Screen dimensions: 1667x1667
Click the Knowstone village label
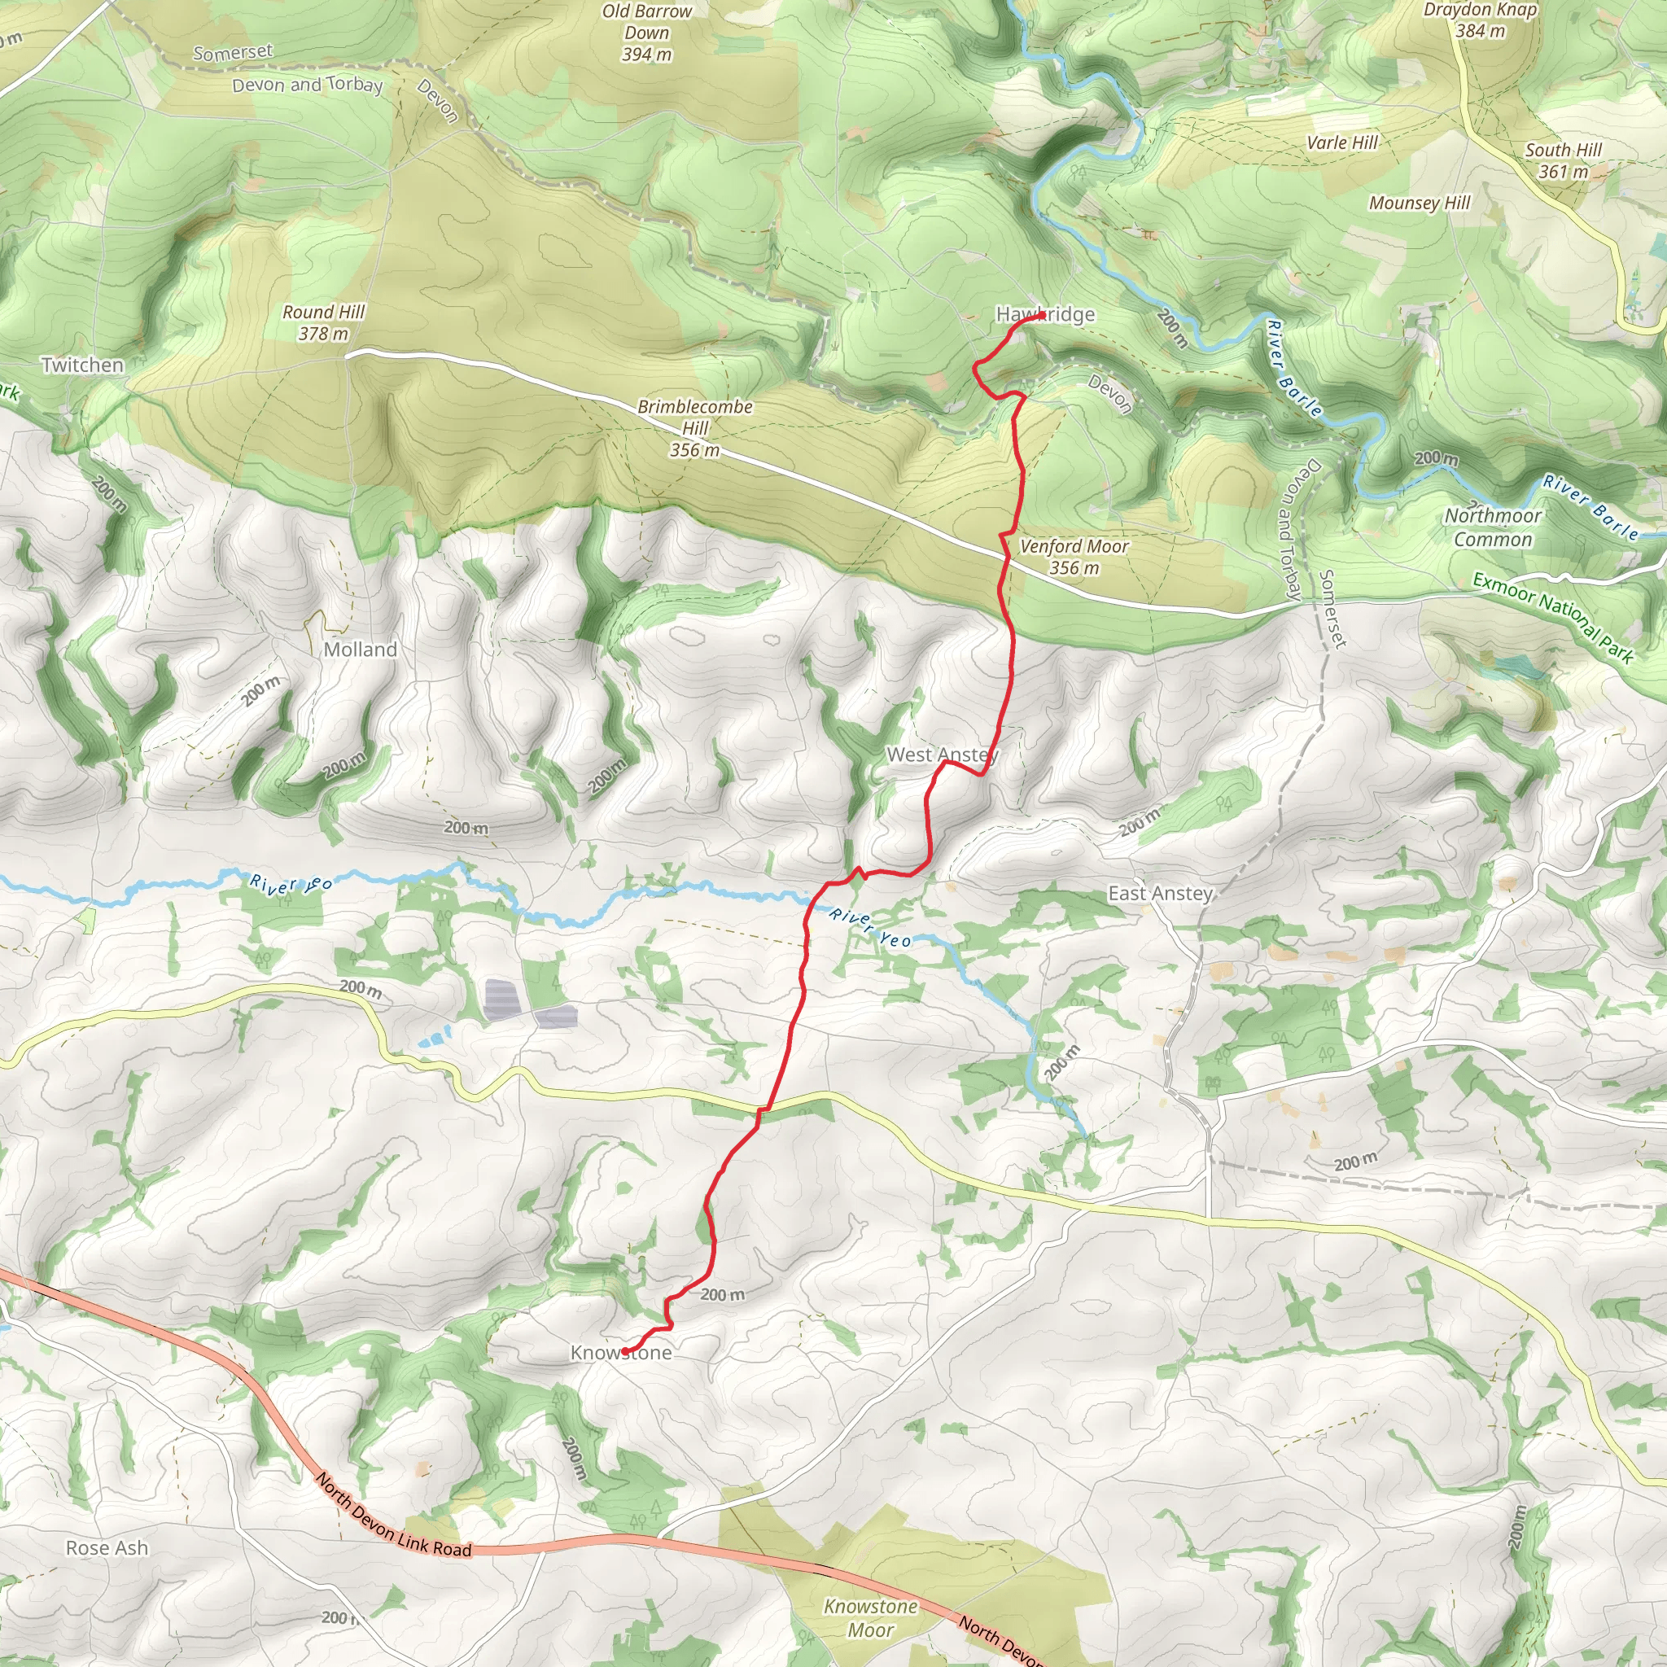[621, 1353]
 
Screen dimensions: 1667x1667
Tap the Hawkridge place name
[1045, 314]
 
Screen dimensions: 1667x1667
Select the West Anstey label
[943, 755]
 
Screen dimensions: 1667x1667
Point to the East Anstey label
[1161, 893]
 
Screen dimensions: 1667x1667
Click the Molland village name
[361, 650]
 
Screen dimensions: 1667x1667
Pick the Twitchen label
[83, 365]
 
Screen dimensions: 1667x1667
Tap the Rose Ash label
[107, 1548]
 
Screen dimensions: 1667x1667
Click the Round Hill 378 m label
[324, 322]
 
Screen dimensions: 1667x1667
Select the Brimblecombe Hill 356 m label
[694, 428]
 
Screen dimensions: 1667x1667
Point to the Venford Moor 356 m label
[1074, 557]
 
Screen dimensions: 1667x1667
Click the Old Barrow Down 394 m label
[647, 33]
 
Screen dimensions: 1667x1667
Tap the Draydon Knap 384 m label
[1480, 20]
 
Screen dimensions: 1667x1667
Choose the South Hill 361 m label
[1563, 160]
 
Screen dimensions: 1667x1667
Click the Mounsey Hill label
[1420, 203]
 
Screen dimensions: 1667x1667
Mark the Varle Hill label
[1342, 143]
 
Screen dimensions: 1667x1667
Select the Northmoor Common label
[1493, 527]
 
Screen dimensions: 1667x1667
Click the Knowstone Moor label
[870, 1618]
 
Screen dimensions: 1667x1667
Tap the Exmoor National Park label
[1553, 618]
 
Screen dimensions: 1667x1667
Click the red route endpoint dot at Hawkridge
[1041, 316]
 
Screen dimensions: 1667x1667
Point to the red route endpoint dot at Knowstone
[624, 1351]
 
